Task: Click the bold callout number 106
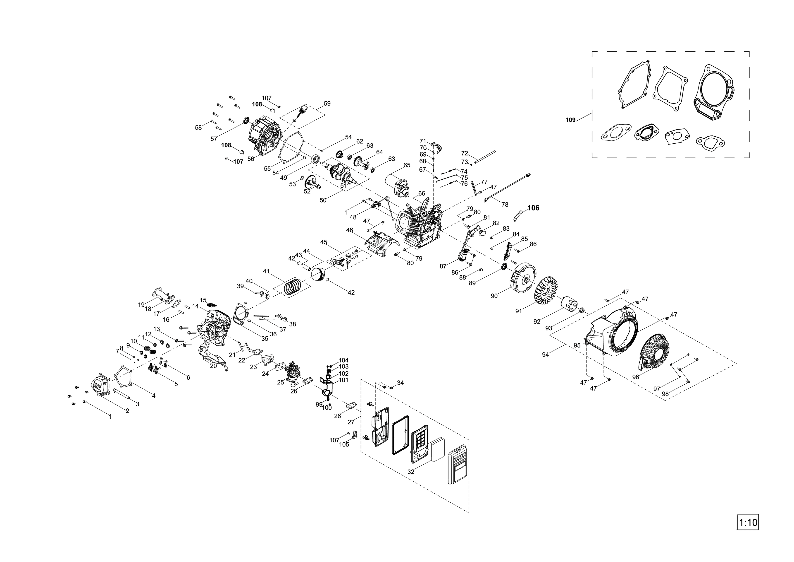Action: point(533,208)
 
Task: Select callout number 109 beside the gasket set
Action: point(570,120)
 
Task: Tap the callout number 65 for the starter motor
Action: point(407,165)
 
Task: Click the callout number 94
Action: point(545,355)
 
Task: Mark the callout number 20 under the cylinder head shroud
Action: point(213,366)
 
